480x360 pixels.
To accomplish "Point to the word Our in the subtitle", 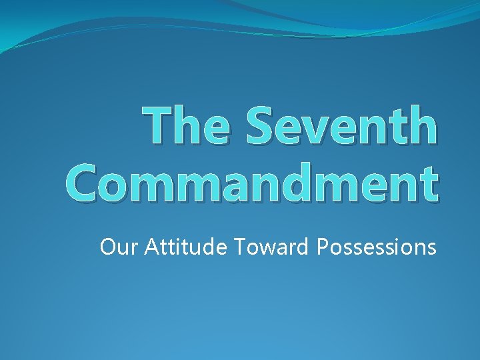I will pos(114,247).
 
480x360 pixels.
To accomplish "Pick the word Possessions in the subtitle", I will pos(377,247).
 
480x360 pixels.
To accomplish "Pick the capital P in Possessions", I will pos(322,247).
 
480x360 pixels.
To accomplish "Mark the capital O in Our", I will pos(107,247).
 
